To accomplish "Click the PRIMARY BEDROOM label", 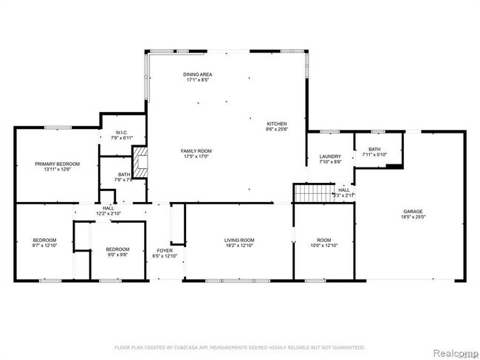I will coord(57,164).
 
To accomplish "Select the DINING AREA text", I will coord(199,75).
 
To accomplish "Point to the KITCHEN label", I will coord(277,123).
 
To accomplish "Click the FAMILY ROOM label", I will coord(196,150).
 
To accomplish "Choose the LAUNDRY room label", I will coord(329,156).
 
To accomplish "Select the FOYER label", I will coord(164,250).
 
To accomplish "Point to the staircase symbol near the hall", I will coord(309,193).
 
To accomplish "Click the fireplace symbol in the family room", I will coord(140,162).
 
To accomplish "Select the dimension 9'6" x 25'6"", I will coord(277,129).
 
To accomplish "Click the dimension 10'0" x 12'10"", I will coord(324,246).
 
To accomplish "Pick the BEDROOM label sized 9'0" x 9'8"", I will coord(117,249).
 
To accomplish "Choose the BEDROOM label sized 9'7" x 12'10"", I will coord(44,240).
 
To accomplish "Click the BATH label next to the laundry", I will coord(374,149).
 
